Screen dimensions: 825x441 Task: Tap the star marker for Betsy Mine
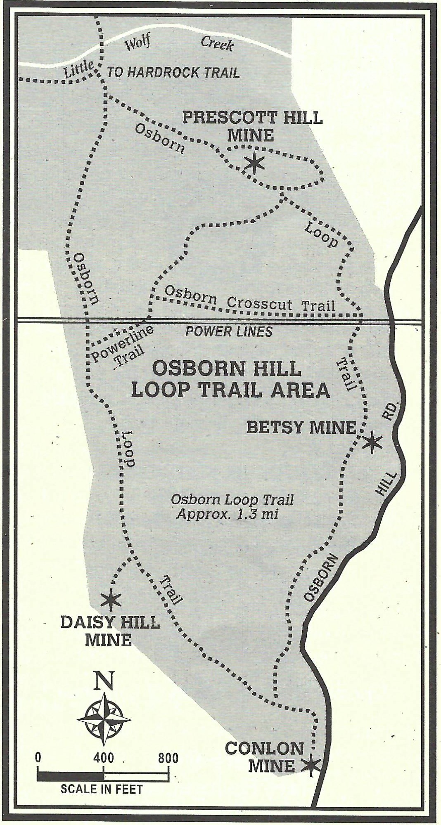point(371,442)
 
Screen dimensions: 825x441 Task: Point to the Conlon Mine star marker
point(311,764)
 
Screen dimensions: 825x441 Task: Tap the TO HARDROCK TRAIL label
point(173,73)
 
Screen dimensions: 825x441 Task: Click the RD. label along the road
point(392,410)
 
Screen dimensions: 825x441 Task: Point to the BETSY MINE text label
point(301,428)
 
